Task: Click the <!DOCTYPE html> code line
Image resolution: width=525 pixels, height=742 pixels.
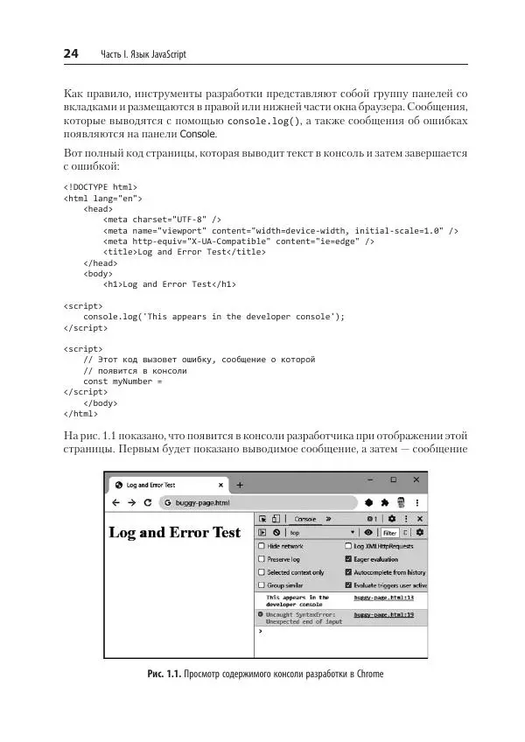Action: click(100, 186)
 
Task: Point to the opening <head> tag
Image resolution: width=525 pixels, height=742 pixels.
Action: click(98, 209)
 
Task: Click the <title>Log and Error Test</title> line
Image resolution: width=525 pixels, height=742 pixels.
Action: click(185, 251)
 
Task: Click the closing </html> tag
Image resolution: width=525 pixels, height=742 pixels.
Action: click(80, 413)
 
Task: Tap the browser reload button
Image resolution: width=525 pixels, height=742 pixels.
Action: click(148, 503)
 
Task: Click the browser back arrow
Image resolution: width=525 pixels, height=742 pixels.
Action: click(115, 503)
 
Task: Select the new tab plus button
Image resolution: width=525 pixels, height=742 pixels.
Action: click(240, 485)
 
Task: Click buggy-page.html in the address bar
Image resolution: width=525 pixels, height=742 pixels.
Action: click(202, 503)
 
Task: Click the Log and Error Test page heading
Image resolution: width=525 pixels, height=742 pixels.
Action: click(174, 533)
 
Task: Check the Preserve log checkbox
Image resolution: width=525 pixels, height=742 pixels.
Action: click(262, 559)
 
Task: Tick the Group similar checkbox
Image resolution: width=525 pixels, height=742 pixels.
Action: click(262, 584)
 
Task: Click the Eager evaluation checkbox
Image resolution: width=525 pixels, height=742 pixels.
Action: click(348, 559)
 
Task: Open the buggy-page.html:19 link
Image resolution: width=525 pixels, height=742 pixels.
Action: click(384, 615)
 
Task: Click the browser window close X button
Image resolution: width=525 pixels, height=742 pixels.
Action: click(416, 479)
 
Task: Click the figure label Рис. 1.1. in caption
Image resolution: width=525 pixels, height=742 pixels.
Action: click(164, 675)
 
